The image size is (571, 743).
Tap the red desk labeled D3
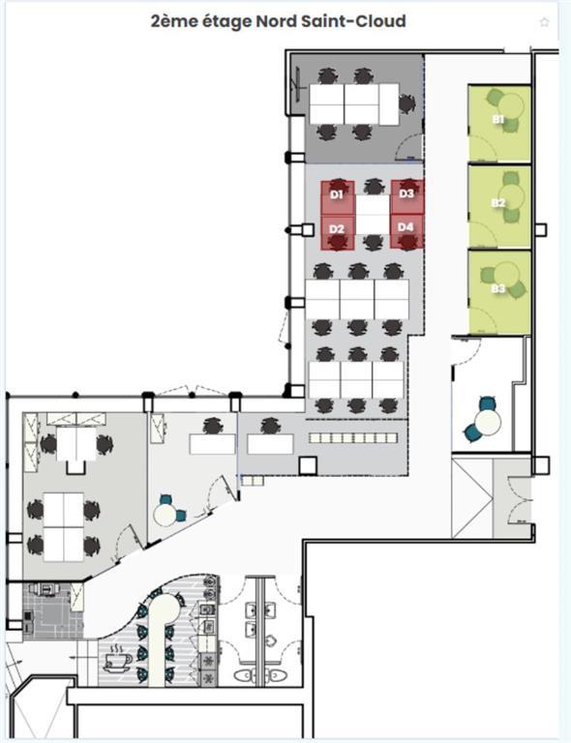(x=406, y=194)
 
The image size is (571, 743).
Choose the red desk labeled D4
(x=406, y=229)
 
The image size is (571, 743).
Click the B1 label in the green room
(x=498, y=119)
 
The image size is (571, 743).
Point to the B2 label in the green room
(x=498, y=202)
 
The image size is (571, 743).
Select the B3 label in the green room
(x=498, y=288)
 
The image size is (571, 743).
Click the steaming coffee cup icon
(x=118, y=661)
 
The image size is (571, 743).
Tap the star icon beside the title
(x=544, y=22)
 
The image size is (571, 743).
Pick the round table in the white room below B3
(x=487, y=423)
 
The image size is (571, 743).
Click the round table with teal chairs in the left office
(x=166, y=515)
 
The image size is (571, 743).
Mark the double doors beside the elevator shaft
(x=512, y=498)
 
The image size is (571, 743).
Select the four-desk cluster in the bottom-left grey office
(x=63, y=525)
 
